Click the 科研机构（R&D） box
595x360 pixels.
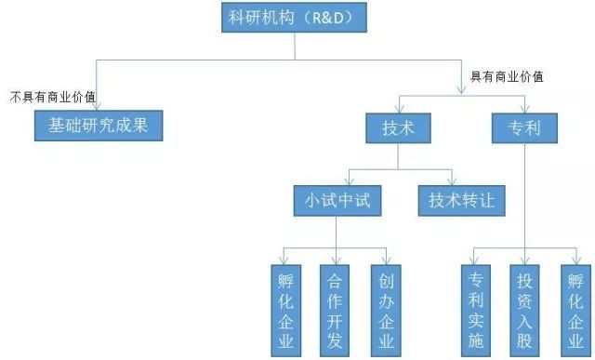pyautogui.click(x=295, y=17)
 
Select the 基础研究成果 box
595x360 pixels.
pyautogui.click(x=98, y=126)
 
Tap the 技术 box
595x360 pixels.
pyautogui.click(x=398, y=128)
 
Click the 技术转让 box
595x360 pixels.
pyautogui.click(x=461, y=200)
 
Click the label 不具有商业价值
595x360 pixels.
pyautogui.click(x=54, y=97)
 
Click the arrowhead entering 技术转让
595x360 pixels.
pyautogui.click(x=451, y=181)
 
